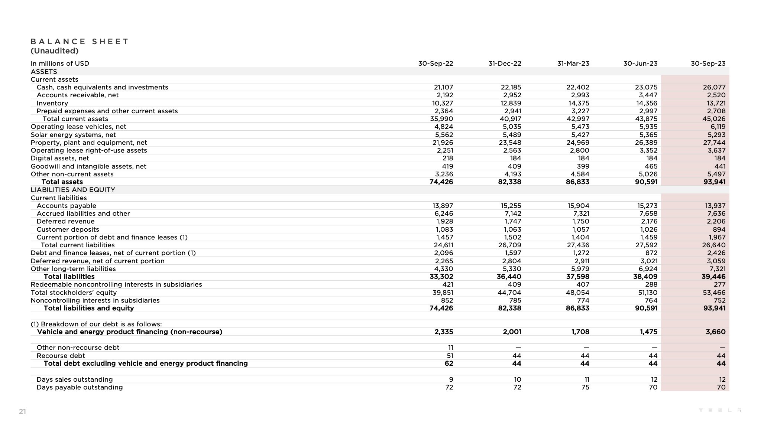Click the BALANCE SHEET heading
coord(80,42)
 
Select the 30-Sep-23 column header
coord(708,63)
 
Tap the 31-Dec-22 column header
coord(505,63)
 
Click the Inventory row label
coord(52,103)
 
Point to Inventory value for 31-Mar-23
coord(579,103)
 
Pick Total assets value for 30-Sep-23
coord(714,182)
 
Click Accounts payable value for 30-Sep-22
coord(443,206)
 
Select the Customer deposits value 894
coord(719,229)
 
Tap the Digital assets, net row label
coord(60,158)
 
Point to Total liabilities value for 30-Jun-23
coord(645,277)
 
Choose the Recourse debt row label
coord(61,356)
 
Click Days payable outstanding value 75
coord(585,387)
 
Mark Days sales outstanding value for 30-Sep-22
coord(451,379)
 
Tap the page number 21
coord(22,411)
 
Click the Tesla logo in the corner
coord(720,410)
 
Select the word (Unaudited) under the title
coord(55,51)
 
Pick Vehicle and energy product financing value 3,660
coord(715,332)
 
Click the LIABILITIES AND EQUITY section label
coord(73,190)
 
